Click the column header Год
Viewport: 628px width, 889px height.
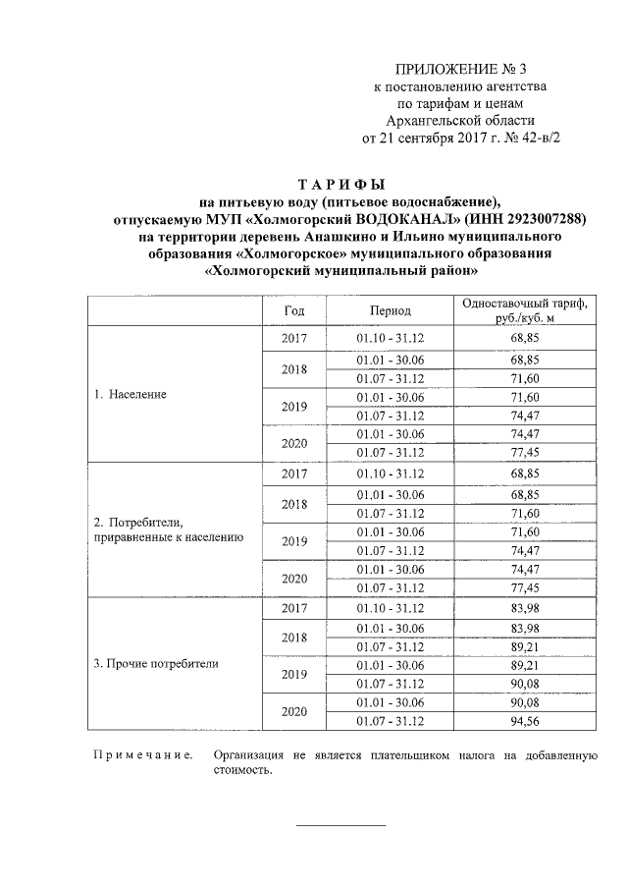coord(294,310)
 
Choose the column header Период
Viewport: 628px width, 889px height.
coord(390,310)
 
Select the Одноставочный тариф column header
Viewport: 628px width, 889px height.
coord(526,310)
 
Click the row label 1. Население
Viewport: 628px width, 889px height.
coord(131,394)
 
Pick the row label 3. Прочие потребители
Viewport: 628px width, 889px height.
coord(156,664)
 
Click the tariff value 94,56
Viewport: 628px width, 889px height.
coord(526,721)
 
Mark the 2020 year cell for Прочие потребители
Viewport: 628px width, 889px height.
coord(294,711)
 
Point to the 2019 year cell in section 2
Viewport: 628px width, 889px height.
coord(294,540)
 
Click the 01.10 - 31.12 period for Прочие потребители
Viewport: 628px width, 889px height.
coord(390,609)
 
